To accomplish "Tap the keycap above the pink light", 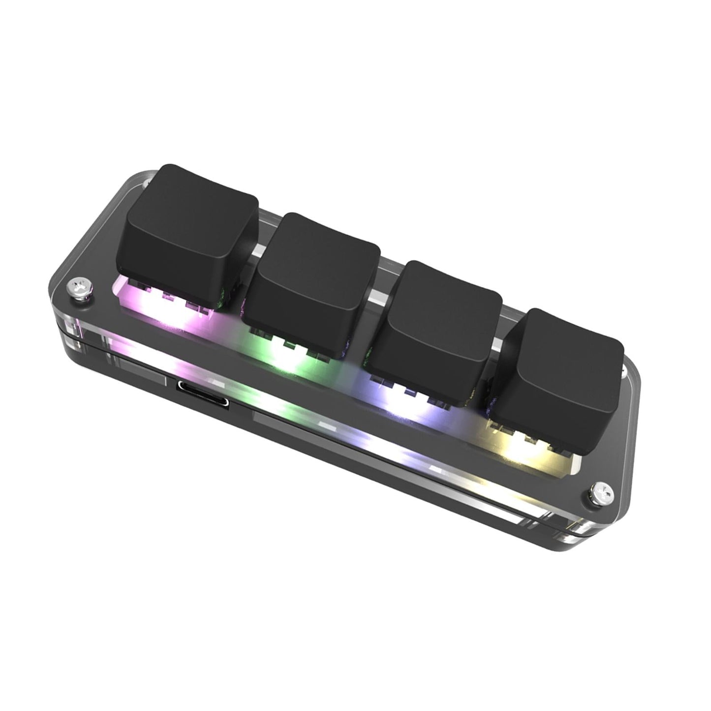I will tap(192, 226).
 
